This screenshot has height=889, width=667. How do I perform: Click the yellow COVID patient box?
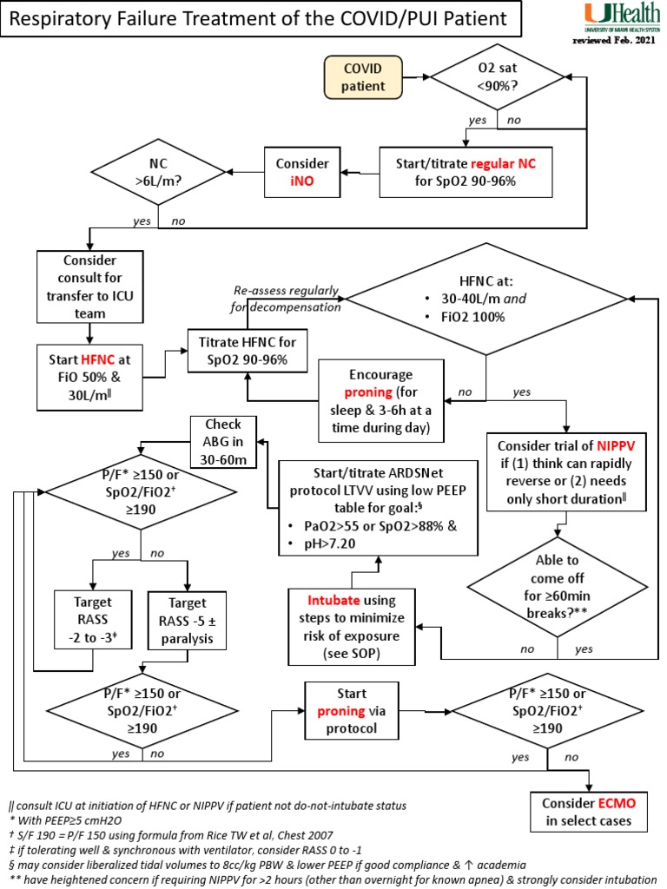pyautogui.click(x=365, y=76)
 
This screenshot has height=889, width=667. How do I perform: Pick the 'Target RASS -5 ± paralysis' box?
pyautogui.click(x=187, y=619)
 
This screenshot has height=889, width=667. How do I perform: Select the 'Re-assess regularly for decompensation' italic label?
pyautogui.click(x=286, y=299)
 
